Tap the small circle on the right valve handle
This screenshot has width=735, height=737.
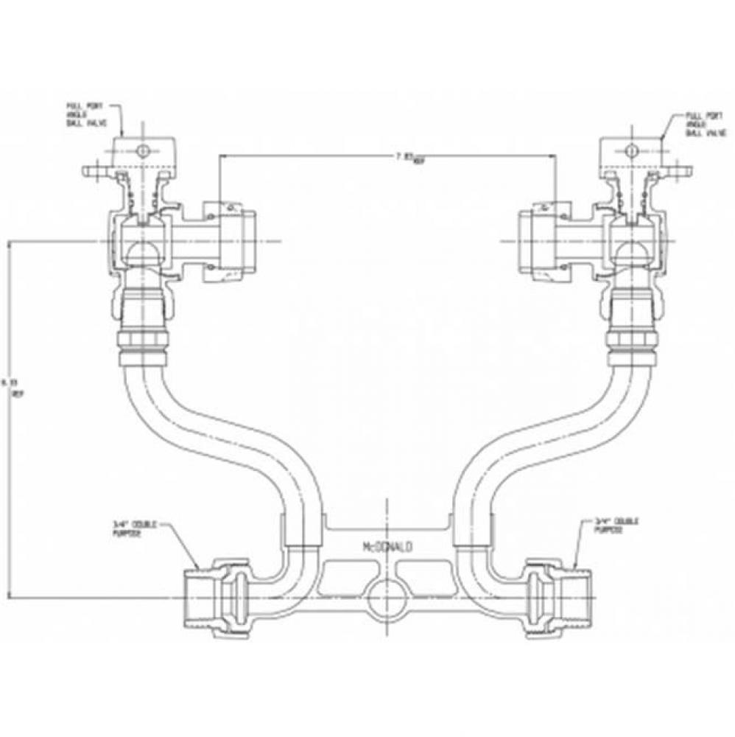pos(630,151)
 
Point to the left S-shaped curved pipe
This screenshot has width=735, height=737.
pos(214,435)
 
